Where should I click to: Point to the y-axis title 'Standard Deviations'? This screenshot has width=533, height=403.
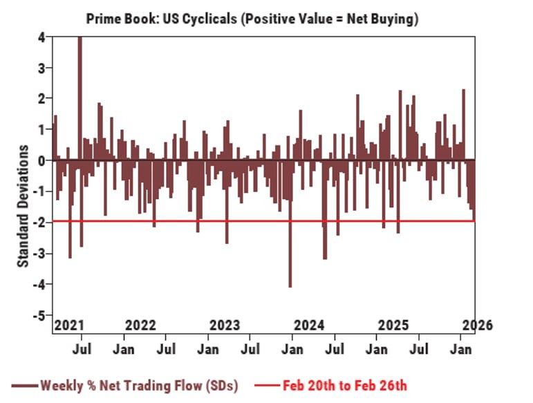[x=24, y=206]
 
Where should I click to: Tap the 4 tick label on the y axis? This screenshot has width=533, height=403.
[x=42, y=37]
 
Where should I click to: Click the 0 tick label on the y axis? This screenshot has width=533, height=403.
[x=42, y=160]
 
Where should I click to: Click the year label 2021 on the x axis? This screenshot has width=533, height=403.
[x=68, y=326]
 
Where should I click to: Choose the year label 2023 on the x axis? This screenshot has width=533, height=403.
[x=224, y=326]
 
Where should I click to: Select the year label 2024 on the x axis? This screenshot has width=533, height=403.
[x=309, y=326]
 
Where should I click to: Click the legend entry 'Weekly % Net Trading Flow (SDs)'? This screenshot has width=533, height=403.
[x=138, y=385]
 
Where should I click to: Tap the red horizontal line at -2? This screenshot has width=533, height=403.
[x=173, y=221]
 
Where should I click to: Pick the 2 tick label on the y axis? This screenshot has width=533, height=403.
[x=42, y=99]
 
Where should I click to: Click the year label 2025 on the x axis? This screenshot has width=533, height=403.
[x=393, y=326]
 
